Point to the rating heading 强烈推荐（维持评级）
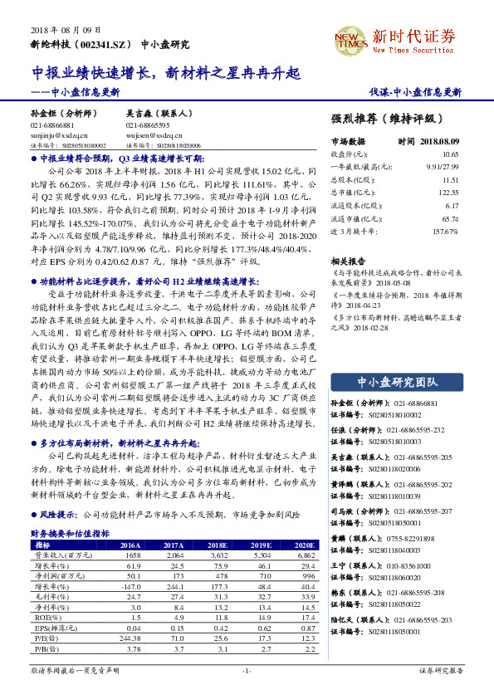(383, 119)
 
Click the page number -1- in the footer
(246, 669)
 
